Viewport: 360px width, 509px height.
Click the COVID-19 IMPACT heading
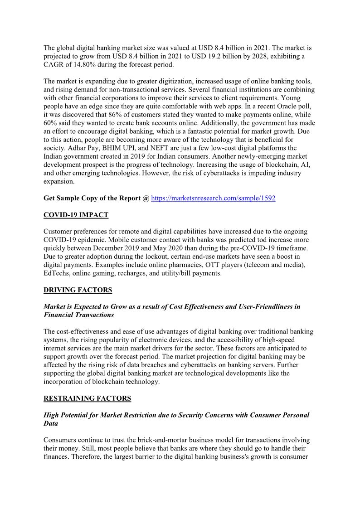[x=76, y=215]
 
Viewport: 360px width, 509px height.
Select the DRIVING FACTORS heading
[x=78, y=290]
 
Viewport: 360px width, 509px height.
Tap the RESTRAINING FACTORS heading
[x=87, y=398]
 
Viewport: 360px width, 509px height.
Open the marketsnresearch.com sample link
[x=213, y=198]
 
